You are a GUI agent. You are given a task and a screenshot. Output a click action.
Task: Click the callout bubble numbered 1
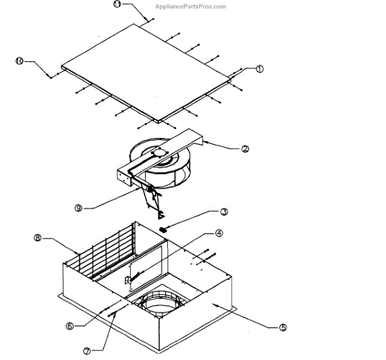pyautogui.click(x=259, y=69)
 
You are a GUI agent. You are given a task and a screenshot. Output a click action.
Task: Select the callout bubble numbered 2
pyautogui.click(x=244, y=149)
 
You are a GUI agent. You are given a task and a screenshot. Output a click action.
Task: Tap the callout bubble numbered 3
pyautogui.click(x=224, y=211)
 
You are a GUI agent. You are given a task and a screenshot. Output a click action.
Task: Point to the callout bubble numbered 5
pyautogui.click(x=283, y=327)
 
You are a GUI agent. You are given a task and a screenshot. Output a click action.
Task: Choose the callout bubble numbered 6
pyautogui.click(x=69, y=326)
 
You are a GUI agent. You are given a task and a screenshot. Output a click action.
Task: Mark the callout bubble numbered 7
pyautogui.click(x=87, y=350)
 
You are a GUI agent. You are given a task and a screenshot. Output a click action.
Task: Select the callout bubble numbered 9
pyautogui.click(x=78, y=208)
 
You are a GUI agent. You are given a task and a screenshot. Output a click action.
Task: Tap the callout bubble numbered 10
pyautogui.click(x=19, y=61)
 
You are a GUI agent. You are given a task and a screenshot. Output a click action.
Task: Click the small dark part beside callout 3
pyautogui.click(x=163, y=228)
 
